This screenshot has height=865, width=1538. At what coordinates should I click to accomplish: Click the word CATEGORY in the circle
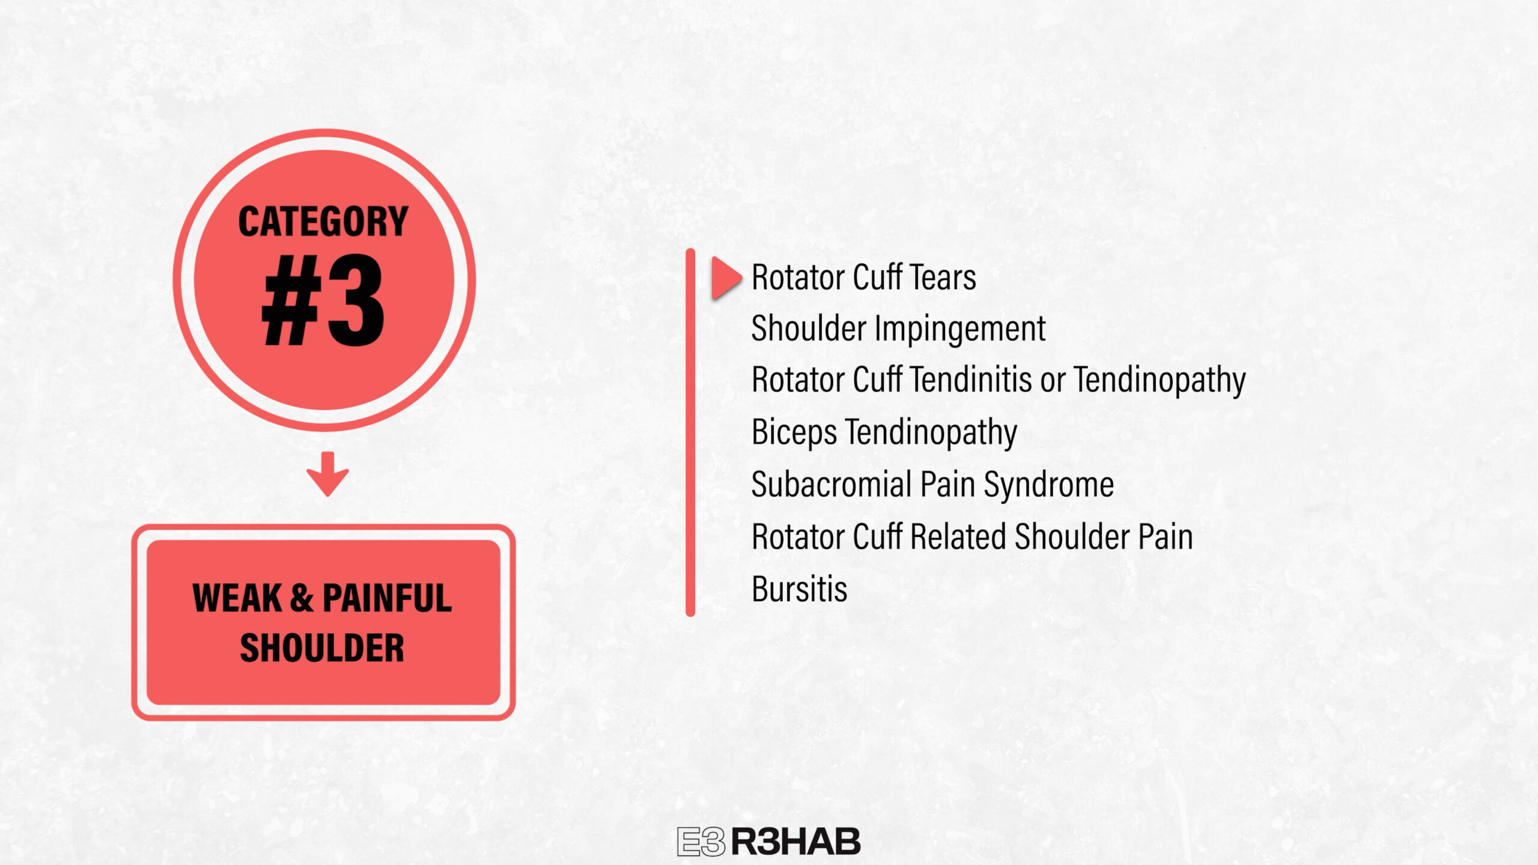[323, 221]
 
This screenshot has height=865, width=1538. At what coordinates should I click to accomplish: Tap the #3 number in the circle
[323, 300]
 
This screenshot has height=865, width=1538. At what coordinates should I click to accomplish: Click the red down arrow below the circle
[327, 474]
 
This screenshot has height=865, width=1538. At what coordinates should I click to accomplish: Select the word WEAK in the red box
[237, 598]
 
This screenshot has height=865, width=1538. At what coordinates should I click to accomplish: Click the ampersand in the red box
[302, 598]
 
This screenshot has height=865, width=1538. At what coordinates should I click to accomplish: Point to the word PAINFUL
[387, 598]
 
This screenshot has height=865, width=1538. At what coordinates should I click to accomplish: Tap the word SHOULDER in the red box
[322, 648]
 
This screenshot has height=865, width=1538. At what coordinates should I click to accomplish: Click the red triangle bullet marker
[727, 278]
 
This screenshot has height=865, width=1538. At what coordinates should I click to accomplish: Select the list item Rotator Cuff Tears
[864, 278]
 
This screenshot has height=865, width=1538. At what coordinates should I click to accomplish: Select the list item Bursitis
[800, 589]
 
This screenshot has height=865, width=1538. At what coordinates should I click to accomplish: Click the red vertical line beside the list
[690, 432]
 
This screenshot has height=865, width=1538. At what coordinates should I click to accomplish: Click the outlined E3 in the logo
[701, 842]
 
